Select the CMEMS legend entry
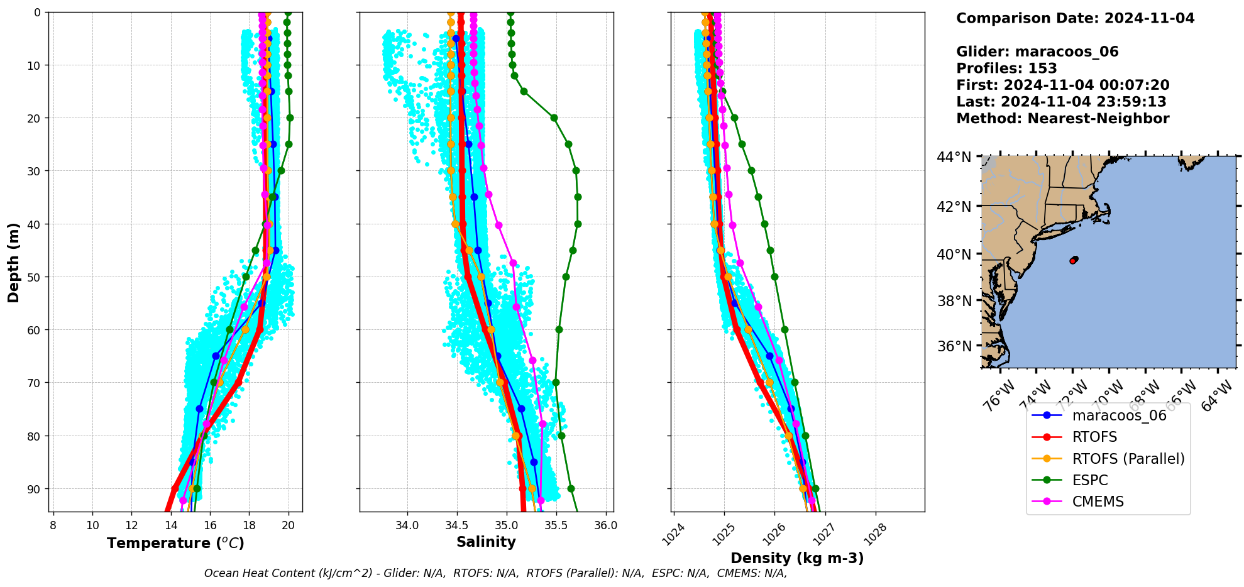coord(1098,502)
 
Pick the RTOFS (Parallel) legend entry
coord(1128,459)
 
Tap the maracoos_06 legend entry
coord(1119,415)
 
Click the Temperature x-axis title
coord(175,543)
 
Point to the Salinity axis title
coord(486,542)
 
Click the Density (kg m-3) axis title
coord(797,558)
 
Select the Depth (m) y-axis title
coord(14,262)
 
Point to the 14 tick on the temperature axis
coord(171,525)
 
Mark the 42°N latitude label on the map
coord(954,207)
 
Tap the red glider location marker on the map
coord(1074,260)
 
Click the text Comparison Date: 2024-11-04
coord(1075,18)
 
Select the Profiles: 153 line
coord(1006,69)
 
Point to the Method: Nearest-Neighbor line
coord(1062,119)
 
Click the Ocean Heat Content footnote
coord(495,573)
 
